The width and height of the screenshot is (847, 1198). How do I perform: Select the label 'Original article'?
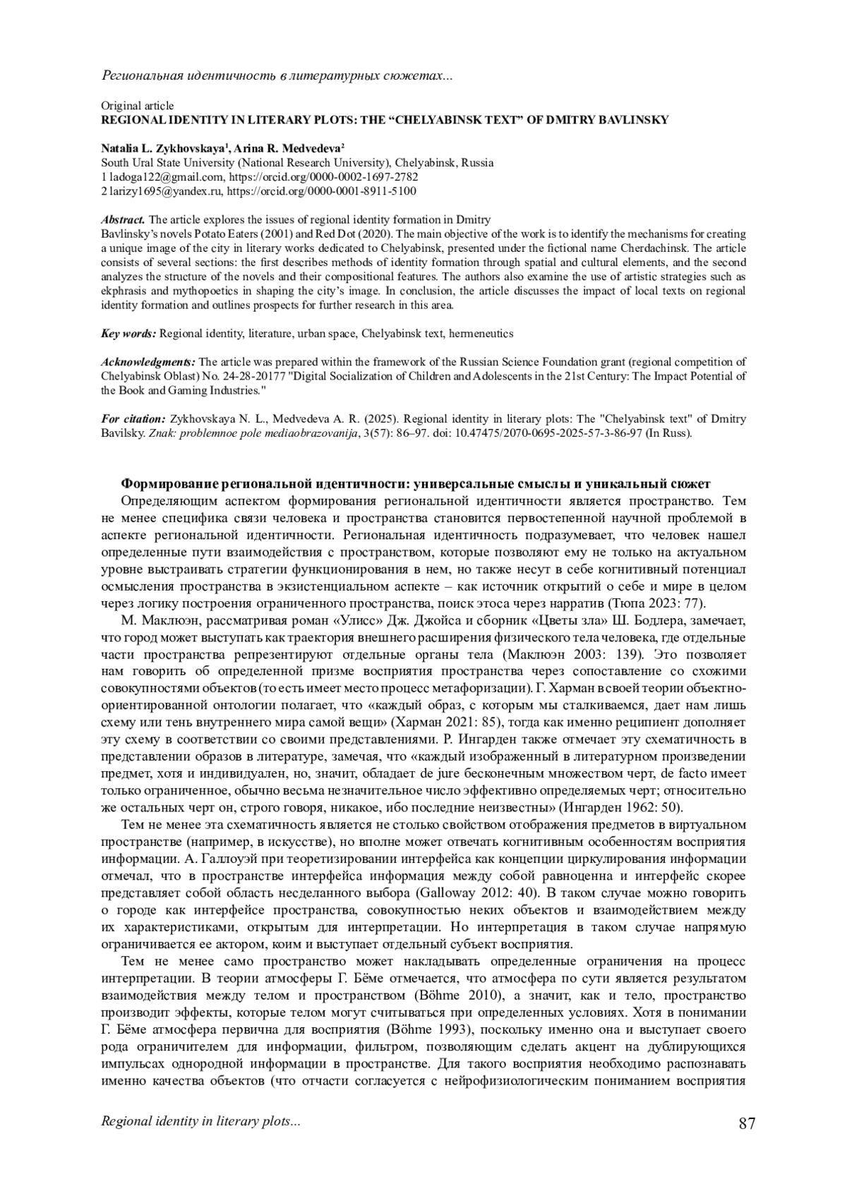[x=137, y=106]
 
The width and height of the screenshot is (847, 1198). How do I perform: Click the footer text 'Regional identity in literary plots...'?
[x=201, y=1122]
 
